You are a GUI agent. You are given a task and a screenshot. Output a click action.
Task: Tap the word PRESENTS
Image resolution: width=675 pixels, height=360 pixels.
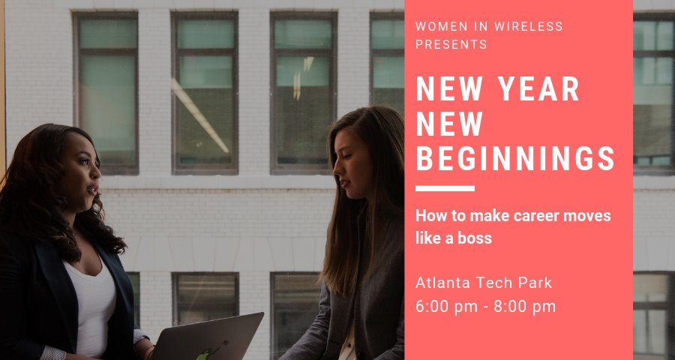pyautogui.click(x=451, y=44)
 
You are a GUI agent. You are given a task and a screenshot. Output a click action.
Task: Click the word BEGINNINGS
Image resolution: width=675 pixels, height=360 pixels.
pyautogui.click(x=515, y=158)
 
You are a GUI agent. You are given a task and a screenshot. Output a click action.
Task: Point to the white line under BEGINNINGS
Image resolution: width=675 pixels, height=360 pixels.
pyautogui.click(x=445, y=188)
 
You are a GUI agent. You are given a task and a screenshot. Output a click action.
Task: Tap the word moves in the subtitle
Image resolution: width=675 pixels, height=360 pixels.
pyautogui.click(x=589, y=216)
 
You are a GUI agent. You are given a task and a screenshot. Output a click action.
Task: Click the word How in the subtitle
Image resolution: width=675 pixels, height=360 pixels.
pyautogui.click(x=430, y=216)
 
